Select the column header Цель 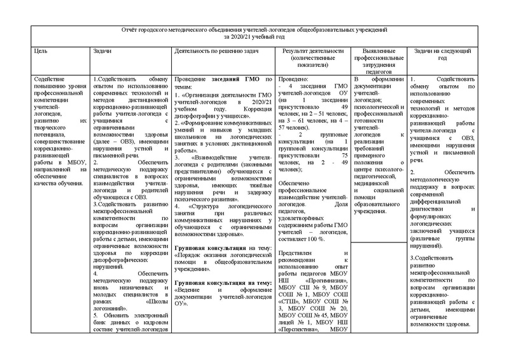coord(41,50)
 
